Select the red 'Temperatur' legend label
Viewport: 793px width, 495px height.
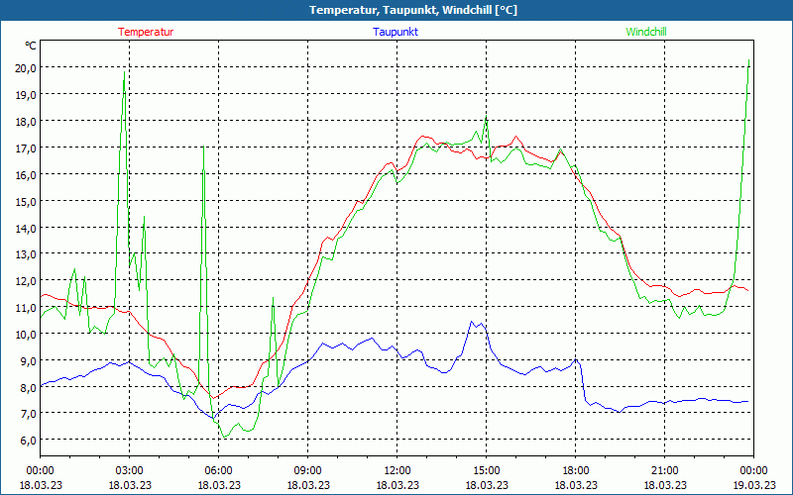click(x=146, y=32)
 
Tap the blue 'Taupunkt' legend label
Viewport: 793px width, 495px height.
click(x=396, y=32)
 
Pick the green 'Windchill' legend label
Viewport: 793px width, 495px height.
click(x=646, y=32)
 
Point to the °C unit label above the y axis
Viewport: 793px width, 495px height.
click(x=31, y=46)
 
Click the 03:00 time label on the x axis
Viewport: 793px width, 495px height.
click(x=130, y=470)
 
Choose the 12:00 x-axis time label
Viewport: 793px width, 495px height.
click(x=397, y=470)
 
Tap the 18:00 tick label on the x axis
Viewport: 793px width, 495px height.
click(x=576, y=470)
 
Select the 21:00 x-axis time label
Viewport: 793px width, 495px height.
click(x=665, y=470)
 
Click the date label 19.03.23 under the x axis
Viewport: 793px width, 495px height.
click(x=753, y=485)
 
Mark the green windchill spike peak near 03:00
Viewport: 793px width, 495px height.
click(x=124, y=72)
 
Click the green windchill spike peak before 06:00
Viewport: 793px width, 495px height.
click(x=203, y=148)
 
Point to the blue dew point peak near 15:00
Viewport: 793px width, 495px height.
click(x=473, y=321)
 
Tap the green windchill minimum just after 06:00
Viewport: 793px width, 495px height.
click(x=225, y=437)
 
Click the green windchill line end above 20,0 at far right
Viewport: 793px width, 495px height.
click(x=748, y=61)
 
